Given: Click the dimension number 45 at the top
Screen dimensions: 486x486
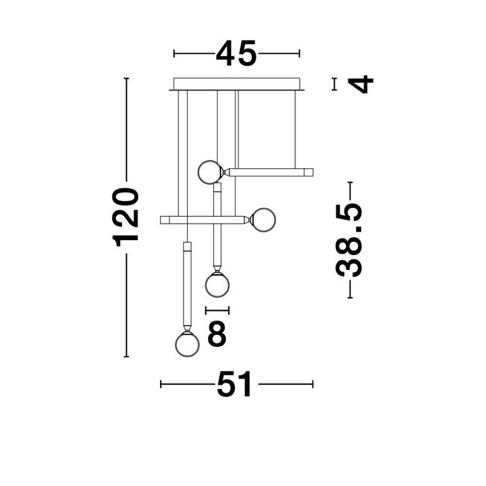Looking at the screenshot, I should [236, 54].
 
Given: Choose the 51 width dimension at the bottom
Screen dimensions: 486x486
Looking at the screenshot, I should [236, 386].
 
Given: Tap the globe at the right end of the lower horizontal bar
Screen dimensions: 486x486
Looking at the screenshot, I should [265, 221].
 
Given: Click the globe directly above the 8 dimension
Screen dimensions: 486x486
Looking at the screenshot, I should [218, 284].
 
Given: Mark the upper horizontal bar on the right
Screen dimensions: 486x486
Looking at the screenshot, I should [271, 172].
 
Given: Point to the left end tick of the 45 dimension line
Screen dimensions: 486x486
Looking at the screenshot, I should [174, 54].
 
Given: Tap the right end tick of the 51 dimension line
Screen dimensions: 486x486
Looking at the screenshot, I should [313, 386].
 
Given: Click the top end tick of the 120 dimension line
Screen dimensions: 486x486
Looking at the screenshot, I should [126, 78].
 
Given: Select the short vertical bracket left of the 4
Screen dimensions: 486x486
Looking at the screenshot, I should [334, 84].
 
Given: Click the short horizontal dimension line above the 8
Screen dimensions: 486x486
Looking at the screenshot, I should [217, 310].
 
